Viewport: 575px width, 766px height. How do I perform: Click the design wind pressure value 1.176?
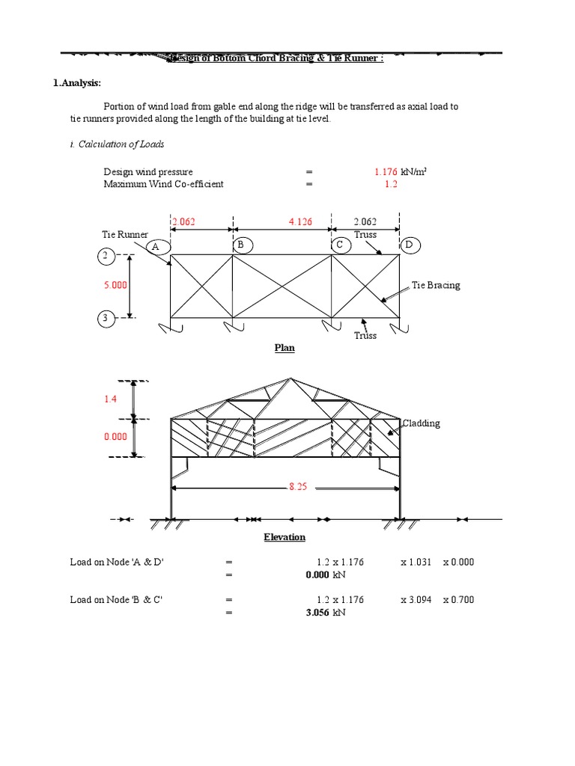(386, 172)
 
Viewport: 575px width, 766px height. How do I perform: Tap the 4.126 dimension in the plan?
(300, 221)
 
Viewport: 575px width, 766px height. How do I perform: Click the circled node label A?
(156, 246)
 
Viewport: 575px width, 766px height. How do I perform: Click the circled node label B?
(241, 245)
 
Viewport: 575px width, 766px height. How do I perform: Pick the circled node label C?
(339, 245)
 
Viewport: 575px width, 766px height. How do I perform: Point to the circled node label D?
(409, 245)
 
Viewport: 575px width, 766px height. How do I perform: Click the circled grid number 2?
(106, 257)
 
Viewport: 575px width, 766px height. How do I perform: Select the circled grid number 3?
(106, 319)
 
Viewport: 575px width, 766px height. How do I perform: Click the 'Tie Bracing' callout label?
(436, 285)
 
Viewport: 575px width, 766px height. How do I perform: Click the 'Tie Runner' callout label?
(125, 235)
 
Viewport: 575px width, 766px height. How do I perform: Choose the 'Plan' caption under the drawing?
(285, 349)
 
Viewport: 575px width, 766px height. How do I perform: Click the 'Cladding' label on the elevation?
(422, 423)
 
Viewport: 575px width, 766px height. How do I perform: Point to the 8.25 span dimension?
(298, 486)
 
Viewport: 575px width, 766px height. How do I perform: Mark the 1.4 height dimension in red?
(110, 400)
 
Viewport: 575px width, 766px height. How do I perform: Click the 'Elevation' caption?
(285, 537)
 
